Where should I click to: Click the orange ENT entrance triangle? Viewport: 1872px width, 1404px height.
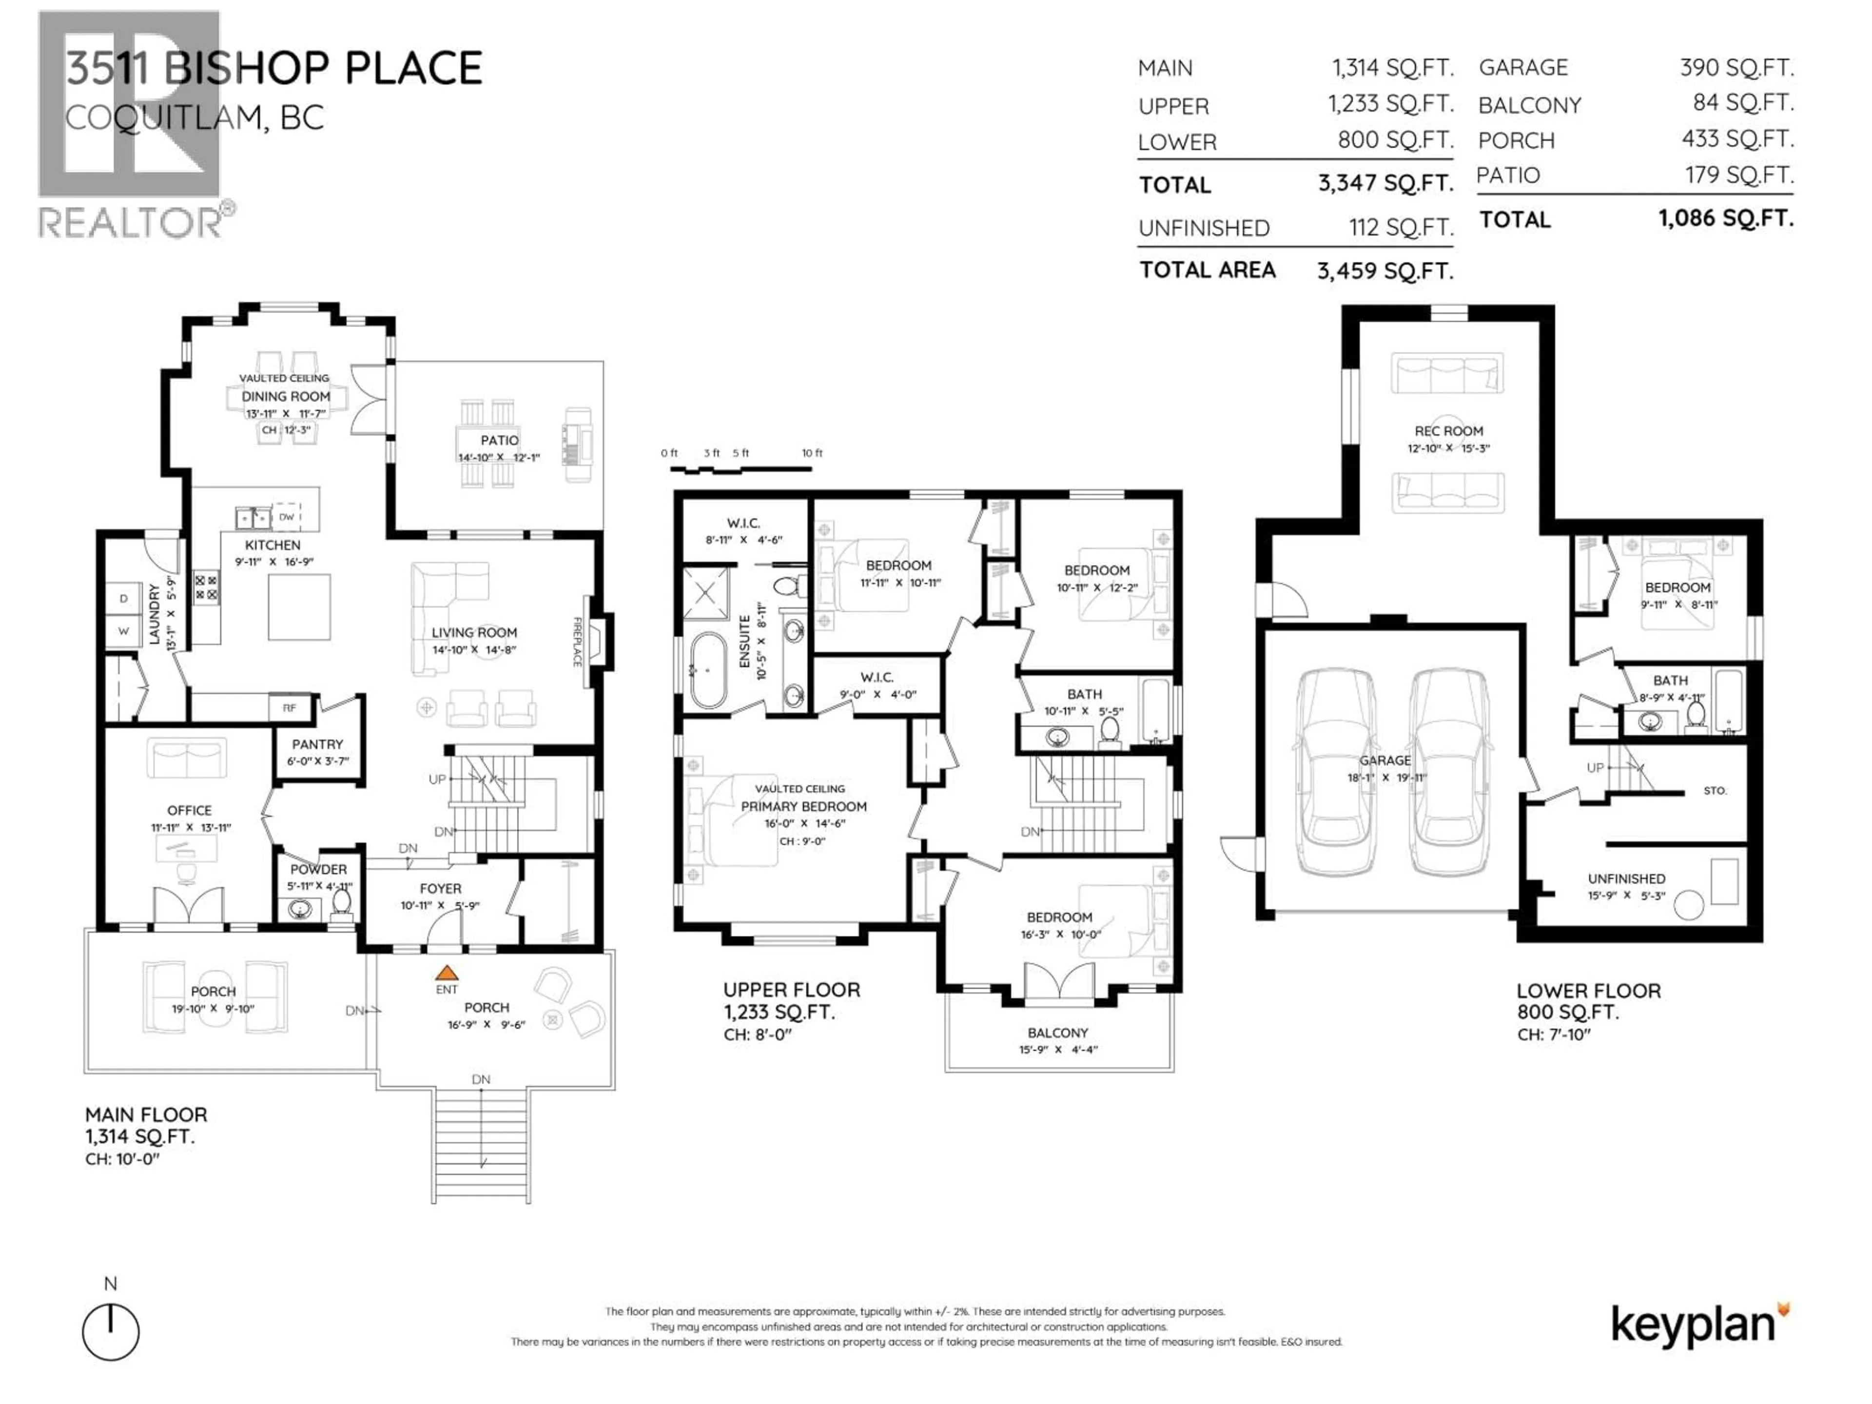(446, 973)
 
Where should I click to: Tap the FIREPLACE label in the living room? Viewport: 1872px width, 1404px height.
(578, 642)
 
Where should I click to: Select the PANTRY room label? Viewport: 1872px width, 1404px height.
(317, 744)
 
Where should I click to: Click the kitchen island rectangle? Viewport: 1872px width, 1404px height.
(299, 607)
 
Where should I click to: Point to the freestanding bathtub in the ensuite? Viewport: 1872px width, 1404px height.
(707, 669)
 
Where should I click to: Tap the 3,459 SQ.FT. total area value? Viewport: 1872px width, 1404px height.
(1384, 271)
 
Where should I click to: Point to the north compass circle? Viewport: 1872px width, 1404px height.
(111, 1332)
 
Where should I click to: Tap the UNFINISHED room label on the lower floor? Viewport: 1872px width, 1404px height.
(1626, 878)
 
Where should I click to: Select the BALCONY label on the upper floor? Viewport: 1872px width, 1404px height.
(1057, 1033)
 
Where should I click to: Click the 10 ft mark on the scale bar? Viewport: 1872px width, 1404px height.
(812, 453)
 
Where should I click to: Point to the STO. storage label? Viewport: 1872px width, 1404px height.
(1715, 790)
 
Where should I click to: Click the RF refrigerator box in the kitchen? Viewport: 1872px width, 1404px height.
(290, 707)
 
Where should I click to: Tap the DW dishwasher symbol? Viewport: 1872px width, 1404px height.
(287, 516)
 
